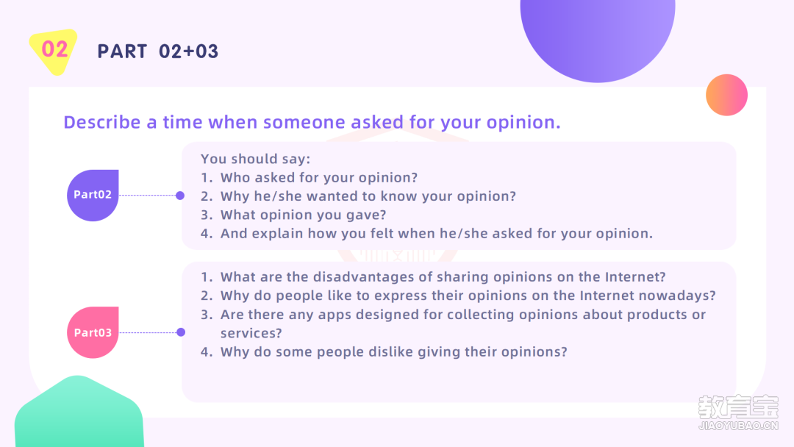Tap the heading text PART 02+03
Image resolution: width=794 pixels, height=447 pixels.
pyautogui.click(x=157, y=51)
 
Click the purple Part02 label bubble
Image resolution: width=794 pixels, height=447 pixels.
pyautogui.click(x=93, y=195)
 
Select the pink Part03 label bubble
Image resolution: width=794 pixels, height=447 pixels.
pyautogui.click(x=93, y=332)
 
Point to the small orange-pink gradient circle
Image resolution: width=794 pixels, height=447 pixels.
pyautogui.click(x=726, y=95)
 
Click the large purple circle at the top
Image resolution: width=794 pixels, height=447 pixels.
pyautogui.click(x=598, y=35)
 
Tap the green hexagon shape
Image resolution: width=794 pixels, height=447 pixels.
pyautogui.click(x=79, y=412)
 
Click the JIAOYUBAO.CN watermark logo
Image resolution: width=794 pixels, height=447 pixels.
pyautogui.click(x=738, y=412)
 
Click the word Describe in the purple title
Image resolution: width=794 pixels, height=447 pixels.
pyautogui.click(x=101, y=122)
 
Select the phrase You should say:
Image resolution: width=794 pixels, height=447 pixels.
pyautogui.click(x=255, y=159)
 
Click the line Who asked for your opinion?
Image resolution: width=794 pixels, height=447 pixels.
pyautogui.click(x=319, y=178)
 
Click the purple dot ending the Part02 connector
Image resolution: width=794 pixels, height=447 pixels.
pyautogui.click(x=180, y=196)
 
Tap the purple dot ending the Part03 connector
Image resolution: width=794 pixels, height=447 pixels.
pyautogui.click(x=181, y=332)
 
